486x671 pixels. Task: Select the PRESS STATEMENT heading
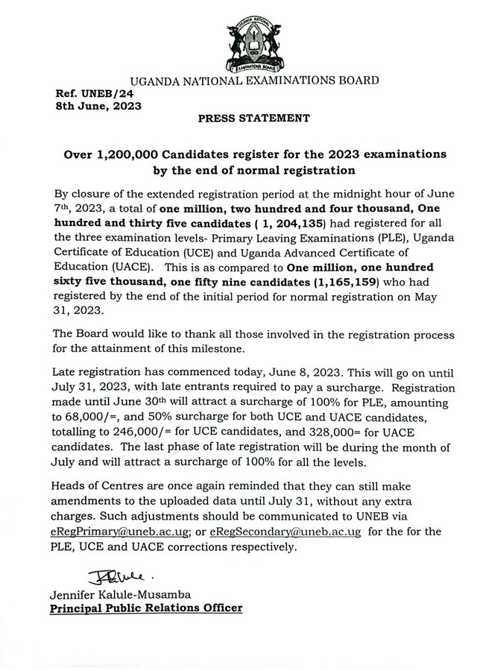[242, 119]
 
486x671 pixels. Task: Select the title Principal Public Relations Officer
[145, 609]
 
